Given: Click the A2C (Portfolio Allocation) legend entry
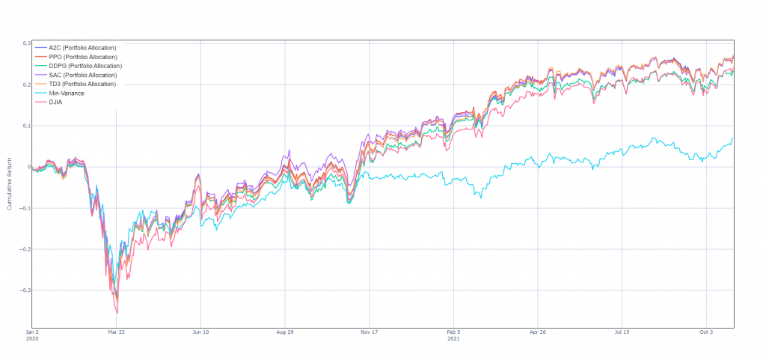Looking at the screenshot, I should click(x=82, y=48).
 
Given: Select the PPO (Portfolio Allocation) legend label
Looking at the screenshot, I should click(x=82, y=57).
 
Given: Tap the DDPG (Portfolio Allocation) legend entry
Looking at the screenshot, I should click(x=84, y=66).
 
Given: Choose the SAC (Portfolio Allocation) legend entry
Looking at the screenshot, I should click(x=82, y=75).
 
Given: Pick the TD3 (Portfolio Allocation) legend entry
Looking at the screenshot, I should click(x=82, y=84).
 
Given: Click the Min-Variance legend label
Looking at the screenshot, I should click(x=66, y=94).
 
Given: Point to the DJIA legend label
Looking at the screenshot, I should click(x=57, y=103).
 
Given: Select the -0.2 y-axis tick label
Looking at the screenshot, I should click(x=27, y=248).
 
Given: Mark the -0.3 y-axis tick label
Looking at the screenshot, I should click(x=27, y=290).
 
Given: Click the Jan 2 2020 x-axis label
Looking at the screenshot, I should click(x=32, y=333).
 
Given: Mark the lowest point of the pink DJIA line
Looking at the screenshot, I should click(x=117, y=312).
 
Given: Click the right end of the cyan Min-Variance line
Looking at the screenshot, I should click(x=732, y=138).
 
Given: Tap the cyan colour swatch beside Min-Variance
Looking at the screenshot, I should click(x=40, y=94).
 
